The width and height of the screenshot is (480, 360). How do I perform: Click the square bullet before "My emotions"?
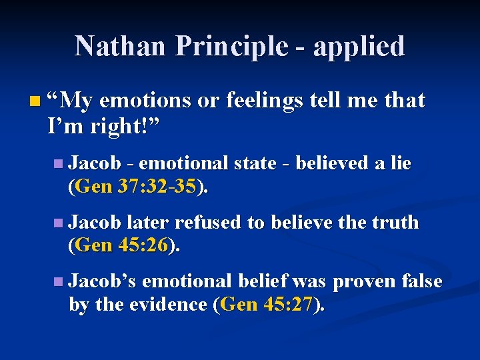click(x=35, y=102)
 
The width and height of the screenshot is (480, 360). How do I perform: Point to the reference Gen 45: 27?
click(x=269, y=305)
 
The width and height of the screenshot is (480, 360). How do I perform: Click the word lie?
click(x=401, y=163)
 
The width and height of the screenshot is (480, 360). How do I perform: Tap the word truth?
click(x=396, y=222)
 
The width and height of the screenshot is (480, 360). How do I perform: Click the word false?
click(x=420, y=281)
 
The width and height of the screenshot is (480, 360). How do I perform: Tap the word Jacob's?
click(x=103, y=281)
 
